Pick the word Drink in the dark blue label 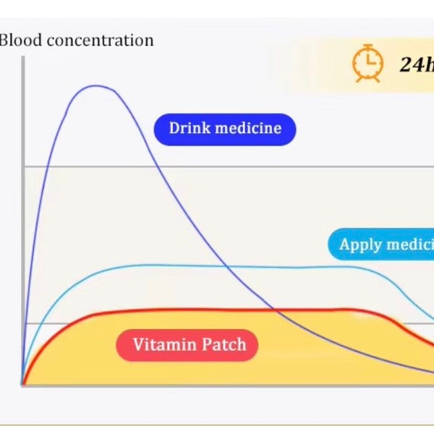click(x=187, y=129)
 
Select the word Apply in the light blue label click(x=360, y=244)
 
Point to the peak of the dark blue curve click(x=98, y=85)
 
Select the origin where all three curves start click(x=23, y=384)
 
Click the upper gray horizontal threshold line click(x=289, y=166)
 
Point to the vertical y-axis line click(x=22, y=217)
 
